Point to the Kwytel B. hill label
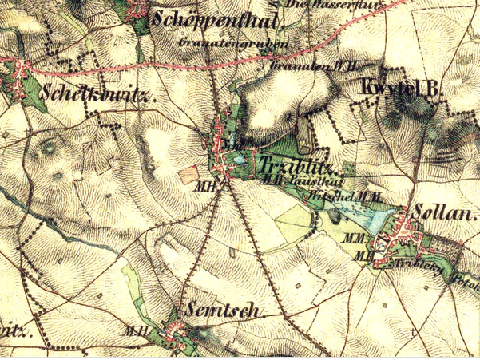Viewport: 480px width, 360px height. pos(402,89)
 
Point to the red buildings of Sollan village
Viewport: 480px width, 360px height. pos(399,237)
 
